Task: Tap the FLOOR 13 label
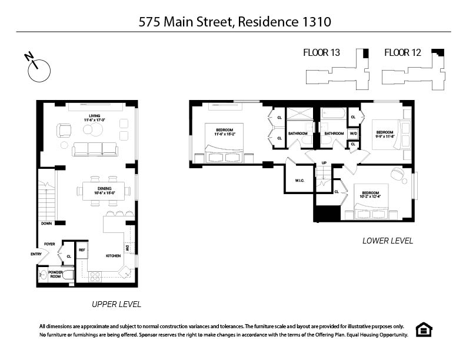click(321, 53)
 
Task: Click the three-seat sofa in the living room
click(95, 149)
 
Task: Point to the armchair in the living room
click(64, 130)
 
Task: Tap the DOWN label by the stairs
click(46, 224)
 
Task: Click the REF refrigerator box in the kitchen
click(82, 250)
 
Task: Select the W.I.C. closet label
click(299, 181)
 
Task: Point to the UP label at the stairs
click(324, 163)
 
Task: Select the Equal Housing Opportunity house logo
click(423, 329)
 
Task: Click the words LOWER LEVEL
click(388, 241)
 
